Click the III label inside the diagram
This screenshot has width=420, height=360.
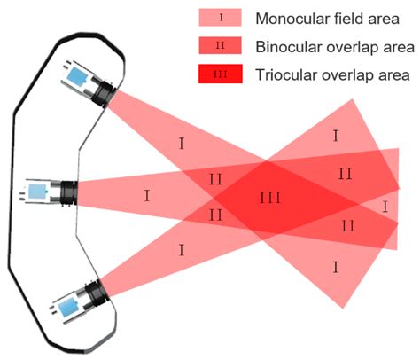270,197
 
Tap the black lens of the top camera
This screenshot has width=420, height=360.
106,90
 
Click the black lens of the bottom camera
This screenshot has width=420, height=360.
95,293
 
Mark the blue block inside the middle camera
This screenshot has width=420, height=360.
38,191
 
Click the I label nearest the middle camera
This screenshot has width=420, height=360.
146,192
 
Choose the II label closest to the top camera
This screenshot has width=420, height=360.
215,179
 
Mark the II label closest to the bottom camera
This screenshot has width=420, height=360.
215,215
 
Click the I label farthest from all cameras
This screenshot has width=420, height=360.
385,206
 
